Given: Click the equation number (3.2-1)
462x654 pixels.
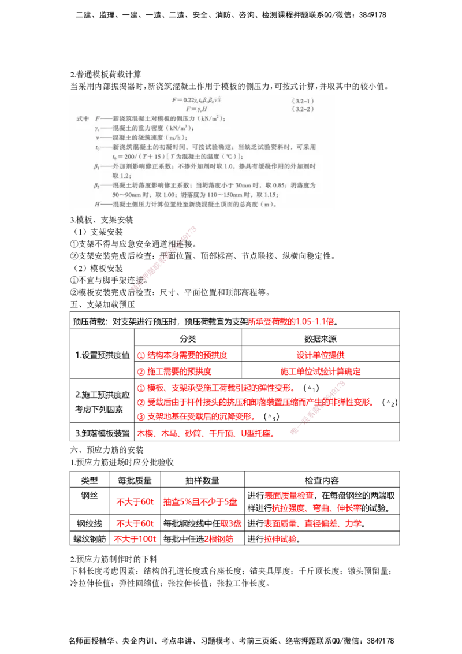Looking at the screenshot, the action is pos(304,101).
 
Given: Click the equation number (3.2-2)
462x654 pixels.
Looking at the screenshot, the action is pos(304,109).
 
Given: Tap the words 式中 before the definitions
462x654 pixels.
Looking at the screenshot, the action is pos(83,119).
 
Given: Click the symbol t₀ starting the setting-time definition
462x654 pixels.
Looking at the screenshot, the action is pos(98,147).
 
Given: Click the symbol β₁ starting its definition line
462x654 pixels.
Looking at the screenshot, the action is pos(97,166).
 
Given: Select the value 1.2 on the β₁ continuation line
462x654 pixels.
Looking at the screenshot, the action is pos(118,176).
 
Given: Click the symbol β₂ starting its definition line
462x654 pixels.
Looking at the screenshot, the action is pos(97,185).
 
